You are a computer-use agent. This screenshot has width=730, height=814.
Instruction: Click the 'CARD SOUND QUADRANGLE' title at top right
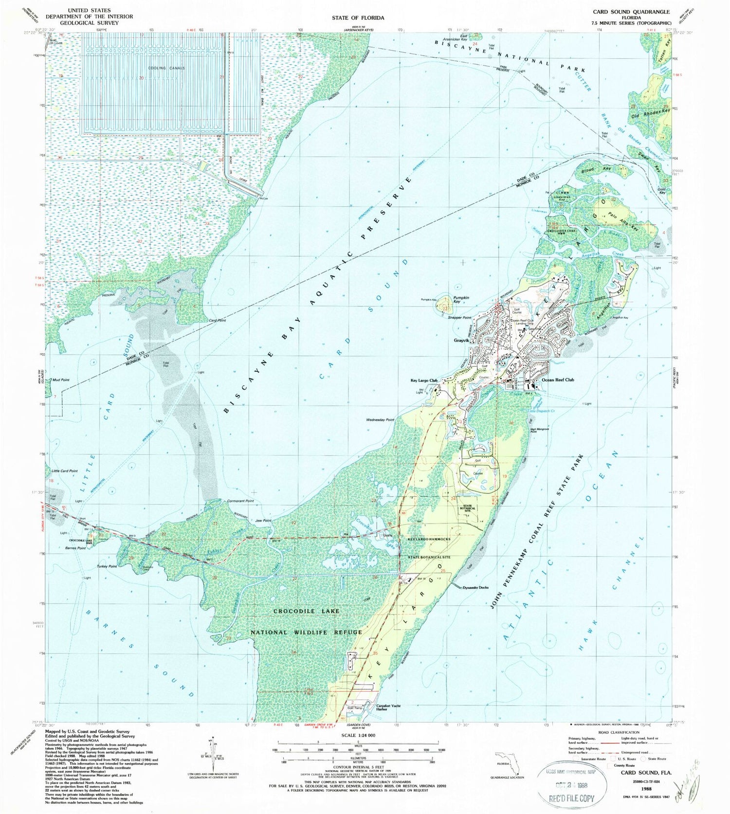click(631, 12)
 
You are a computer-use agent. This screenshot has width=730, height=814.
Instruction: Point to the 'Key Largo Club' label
click(425, 381)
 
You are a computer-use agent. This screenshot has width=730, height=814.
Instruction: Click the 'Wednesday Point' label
click(380, 420)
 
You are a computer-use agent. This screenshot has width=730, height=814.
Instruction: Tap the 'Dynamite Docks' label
click(476, 587)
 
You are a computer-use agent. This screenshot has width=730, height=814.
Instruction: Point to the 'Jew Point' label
click(263, 521)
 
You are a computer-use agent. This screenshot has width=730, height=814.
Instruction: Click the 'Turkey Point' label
click(107, 566)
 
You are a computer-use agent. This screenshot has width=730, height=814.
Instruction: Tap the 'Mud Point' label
click(61, 380)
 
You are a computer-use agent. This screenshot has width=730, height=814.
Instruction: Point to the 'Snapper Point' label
click(460, 318)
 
